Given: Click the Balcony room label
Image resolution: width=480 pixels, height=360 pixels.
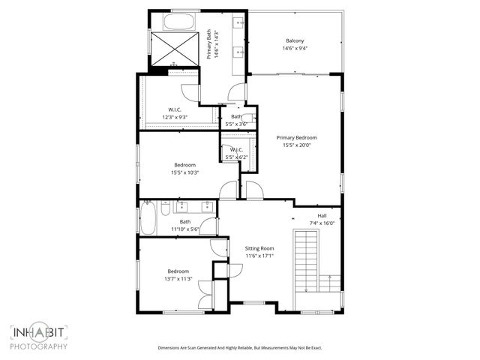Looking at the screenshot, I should [295, 40].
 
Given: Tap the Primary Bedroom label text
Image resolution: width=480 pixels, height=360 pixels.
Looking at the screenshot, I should [296, 138].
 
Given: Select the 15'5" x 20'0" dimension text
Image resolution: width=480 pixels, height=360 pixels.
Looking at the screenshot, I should [296, 146].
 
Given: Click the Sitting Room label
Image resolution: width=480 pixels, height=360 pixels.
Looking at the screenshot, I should [259, 248].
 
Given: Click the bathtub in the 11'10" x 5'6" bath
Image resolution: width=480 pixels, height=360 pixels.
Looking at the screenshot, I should [148, 220].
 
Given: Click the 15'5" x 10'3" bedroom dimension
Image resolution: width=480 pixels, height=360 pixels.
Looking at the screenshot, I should [184, 173].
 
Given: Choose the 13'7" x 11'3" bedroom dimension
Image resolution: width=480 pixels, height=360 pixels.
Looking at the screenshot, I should [178, 279].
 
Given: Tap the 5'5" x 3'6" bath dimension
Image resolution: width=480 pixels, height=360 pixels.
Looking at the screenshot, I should [236, 124].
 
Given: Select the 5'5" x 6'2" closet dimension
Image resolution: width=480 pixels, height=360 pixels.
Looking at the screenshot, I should [236, 157].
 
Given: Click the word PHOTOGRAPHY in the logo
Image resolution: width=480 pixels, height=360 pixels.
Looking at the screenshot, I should [39, 346].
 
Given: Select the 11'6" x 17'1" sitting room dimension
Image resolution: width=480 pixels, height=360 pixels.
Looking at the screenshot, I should [259, 256].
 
